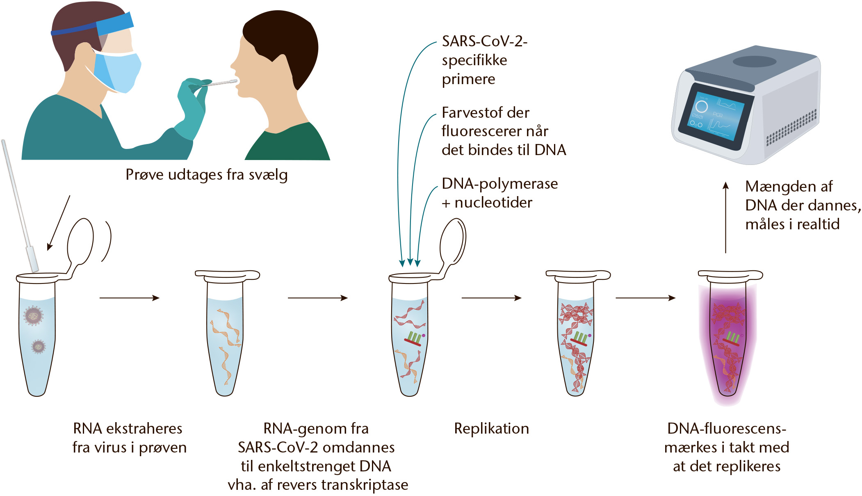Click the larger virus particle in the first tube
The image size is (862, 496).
click(33, 315)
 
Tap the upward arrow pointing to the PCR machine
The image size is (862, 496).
click(725, 217)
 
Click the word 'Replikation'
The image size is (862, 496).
click(491, 429)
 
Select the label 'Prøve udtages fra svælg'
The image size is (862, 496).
click(206, 175)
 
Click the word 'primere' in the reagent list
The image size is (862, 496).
click(468, 79)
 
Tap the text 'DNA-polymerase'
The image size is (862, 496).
click(499, 184)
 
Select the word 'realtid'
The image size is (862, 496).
click(818, 224)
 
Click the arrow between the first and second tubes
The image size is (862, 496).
click(129, 298)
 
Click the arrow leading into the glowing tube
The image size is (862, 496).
click(645, 298)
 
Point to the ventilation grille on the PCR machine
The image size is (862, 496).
click(792, 128)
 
